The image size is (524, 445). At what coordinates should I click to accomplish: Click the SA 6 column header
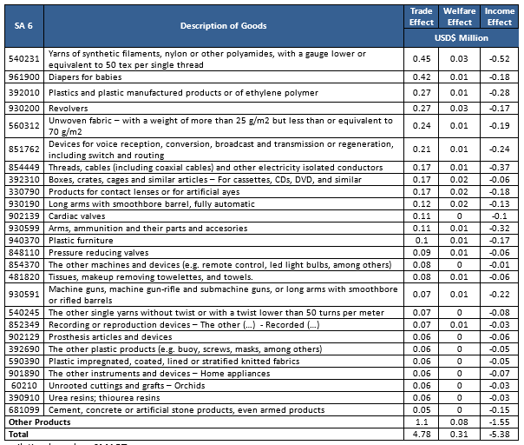25,25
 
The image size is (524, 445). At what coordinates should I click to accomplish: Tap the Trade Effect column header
422,17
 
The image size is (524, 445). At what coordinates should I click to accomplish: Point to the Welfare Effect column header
460,17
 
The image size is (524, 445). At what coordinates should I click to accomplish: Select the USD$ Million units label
460,38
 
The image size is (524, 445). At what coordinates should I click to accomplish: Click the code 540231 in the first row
25,58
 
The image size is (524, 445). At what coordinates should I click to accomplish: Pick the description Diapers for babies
85,76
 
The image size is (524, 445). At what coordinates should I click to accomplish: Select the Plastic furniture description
81,240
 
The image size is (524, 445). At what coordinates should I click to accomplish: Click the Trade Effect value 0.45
422,58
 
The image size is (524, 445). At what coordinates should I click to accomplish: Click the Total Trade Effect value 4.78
422,434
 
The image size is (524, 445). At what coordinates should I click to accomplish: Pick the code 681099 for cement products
25,410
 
